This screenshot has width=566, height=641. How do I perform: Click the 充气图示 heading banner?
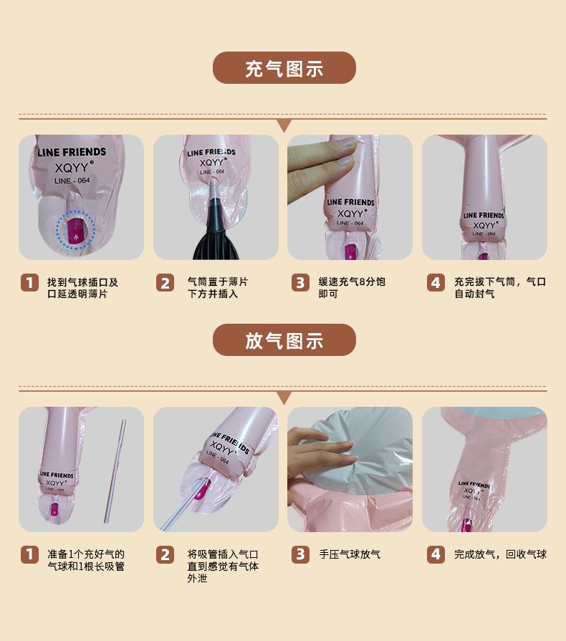coord(284,68)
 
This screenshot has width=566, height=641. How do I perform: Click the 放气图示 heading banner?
coord(284,339)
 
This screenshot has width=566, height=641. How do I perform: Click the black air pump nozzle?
coord(216,233)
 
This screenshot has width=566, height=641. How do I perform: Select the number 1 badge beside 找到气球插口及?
coord(29,282)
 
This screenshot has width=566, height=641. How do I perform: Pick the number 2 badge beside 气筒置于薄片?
coord(165,282)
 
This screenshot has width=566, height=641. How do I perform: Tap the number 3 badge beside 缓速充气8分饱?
coord(300,282)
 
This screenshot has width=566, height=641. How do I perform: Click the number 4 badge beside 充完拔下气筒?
coord(436,282)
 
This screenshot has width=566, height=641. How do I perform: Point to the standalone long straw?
coord(115,471)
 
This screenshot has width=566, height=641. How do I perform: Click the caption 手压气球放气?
coord(350,554)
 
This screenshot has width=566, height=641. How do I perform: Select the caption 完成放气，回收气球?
coord(501,554)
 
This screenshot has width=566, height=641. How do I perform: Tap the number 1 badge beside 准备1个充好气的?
coord(29,554)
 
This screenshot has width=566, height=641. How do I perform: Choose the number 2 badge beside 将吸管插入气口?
coord(165,554)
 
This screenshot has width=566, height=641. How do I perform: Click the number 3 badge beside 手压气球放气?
coord(300,554)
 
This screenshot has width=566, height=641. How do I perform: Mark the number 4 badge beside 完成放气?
coord(436,554)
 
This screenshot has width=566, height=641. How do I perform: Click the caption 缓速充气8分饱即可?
coord(352,288)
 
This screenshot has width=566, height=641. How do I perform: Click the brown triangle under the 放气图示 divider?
coord(284,397)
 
